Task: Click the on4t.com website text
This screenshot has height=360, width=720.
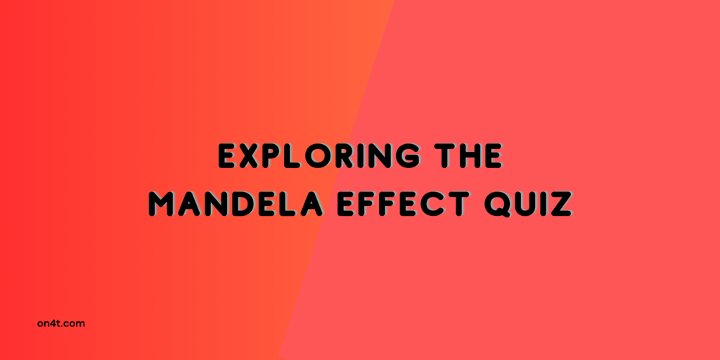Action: click(61, 323)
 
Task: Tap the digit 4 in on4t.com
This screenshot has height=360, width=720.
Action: click(53, 323)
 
